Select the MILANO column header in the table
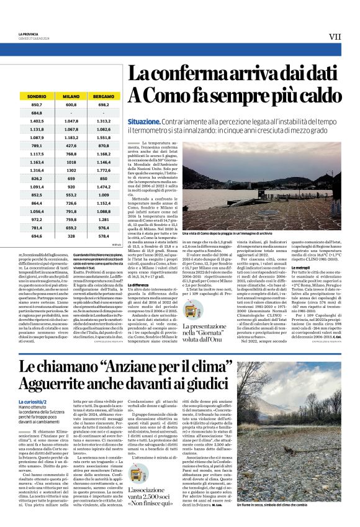[71, 97]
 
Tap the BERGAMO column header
[103, 97]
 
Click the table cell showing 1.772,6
[103, 169]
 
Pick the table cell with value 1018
[71, 161]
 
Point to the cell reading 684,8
[37, 113]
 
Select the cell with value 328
[71, 236]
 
